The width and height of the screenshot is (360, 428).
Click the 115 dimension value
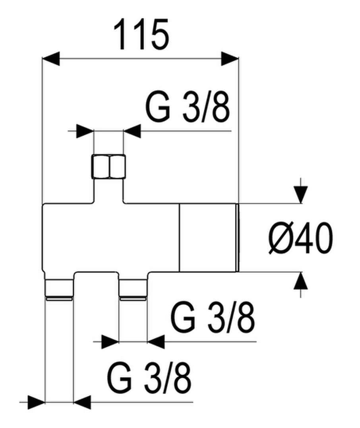141,35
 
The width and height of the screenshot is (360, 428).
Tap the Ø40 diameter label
300,238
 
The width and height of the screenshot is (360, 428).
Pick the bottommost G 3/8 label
149,378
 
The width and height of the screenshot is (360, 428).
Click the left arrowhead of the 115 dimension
51,58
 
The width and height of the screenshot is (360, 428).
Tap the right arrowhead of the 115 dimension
230,58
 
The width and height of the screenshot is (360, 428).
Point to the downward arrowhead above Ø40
301,195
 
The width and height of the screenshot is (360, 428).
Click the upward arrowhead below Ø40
301,281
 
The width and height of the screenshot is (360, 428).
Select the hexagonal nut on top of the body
109,166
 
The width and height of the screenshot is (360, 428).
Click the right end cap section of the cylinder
209,238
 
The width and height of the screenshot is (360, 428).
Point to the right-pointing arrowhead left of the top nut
85,131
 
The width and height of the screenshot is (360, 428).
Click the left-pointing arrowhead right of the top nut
132,131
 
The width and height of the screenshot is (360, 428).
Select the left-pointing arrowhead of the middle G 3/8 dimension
156,341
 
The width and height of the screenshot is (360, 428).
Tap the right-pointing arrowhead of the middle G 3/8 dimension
110,341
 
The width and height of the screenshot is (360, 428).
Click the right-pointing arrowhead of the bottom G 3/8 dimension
36,402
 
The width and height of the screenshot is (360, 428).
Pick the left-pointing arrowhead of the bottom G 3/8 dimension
82,402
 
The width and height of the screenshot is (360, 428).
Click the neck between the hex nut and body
109,191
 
